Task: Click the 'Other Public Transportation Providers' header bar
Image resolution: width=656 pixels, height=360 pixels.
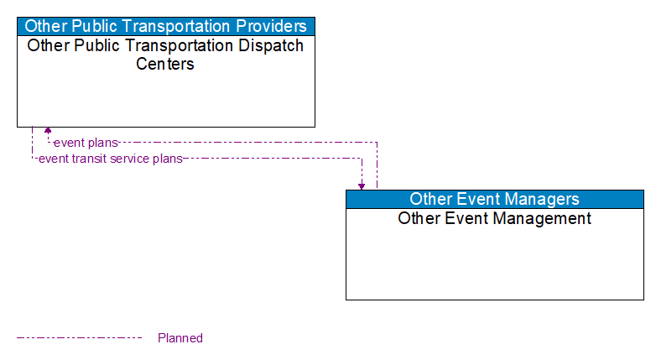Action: [x=165, y=26]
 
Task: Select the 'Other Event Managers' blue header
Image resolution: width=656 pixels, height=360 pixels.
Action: [x=494, y=199]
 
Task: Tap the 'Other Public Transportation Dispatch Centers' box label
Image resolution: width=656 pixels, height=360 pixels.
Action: [x=165, y=55]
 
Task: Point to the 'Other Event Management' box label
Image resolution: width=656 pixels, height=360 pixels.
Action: [x=494, y=219]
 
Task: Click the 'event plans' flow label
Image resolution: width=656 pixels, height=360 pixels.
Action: [x=86, y=143]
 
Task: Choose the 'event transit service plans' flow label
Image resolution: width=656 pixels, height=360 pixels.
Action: [x=110, y=159]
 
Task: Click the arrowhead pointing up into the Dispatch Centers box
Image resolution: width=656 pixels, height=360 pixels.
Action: [x=48, y=130]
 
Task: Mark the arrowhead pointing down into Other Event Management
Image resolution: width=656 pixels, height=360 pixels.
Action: [x=362, y=185]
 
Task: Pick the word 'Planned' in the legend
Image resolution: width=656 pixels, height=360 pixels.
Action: [x=180, y=338]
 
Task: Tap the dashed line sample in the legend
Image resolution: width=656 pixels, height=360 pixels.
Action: [x=80, y=338]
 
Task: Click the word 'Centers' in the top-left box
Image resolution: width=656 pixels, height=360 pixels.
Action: [x=165, y=64]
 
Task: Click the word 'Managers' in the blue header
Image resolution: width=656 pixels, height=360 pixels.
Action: [x=539, y=199]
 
